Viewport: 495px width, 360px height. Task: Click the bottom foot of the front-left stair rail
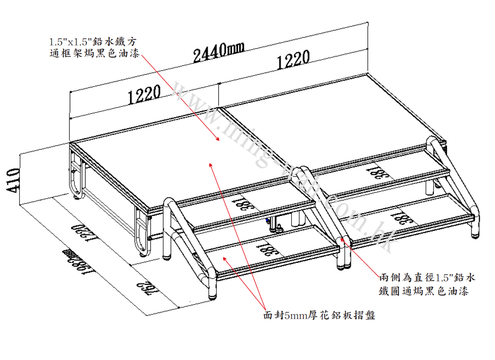click(212, 297)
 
